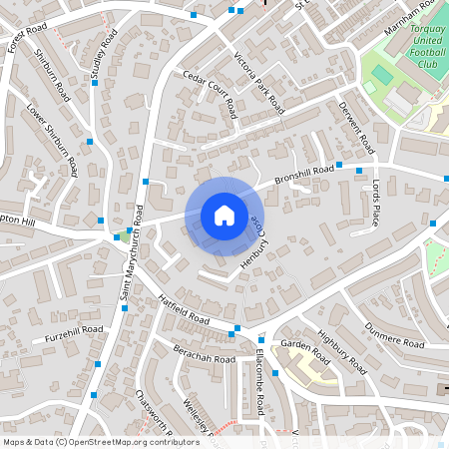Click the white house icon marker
point(224,216)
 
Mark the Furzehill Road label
point(75,335)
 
